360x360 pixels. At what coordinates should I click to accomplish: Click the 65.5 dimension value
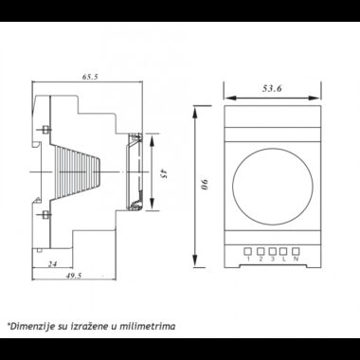point(90,77)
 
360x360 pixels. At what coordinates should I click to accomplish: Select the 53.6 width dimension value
point(272,89)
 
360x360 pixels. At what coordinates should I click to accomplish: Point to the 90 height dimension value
point(207,185)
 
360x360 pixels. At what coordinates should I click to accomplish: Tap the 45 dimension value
point(163,173)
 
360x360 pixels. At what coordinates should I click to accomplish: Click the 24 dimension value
point(52,263)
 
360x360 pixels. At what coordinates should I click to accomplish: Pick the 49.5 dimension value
point(74,276)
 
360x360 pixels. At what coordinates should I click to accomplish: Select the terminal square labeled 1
point(248,251)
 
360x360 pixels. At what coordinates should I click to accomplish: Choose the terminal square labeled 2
point(261,251)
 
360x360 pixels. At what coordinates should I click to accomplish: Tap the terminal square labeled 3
point(273,251)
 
